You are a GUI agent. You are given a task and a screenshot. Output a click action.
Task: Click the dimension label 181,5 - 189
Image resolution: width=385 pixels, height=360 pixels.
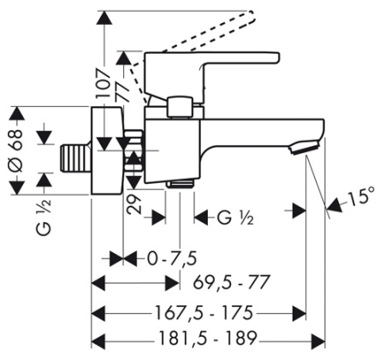[x=208, y=339]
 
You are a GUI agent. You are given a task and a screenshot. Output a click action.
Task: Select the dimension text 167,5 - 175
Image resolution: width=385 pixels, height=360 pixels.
[x=204, y=312]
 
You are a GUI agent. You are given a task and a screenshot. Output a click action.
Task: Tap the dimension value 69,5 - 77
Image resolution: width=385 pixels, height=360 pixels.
[x=231, y=282]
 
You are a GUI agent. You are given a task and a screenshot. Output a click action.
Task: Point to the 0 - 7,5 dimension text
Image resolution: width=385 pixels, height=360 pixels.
[x=172, y=259]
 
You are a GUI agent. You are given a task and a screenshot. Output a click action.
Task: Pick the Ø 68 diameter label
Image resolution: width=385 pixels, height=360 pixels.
[x=16, y=150]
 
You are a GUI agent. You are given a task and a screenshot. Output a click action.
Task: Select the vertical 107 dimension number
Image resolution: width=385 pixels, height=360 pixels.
[x=104, y=84]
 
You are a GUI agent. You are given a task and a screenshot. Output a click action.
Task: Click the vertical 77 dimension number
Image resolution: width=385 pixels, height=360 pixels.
[x=122, y=91]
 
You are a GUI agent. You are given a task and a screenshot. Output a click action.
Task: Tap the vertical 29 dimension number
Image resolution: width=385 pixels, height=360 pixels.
[x=134, y=204]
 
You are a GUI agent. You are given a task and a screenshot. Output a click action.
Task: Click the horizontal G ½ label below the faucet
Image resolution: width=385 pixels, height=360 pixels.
[x=235, y=218]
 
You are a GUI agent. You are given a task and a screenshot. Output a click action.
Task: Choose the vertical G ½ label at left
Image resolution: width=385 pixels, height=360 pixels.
[x=44, y=217]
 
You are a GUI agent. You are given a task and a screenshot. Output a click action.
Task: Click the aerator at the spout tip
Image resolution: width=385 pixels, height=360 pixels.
[x=305, y=147]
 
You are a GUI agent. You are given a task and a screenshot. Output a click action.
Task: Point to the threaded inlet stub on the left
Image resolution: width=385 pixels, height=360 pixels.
[x=74, y=158]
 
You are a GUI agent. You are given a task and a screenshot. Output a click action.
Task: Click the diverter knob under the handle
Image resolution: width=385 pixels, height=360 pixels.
[x=180, y=108]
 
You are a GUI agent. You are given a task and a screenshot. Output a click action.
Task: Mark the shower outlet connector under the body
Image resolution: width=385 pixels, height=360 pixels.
[x=181, y=183]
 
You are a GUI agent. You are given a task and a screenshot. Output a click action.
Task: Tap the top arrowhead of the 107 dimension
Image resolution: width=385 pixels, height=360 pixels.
[x=104, y=18]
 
